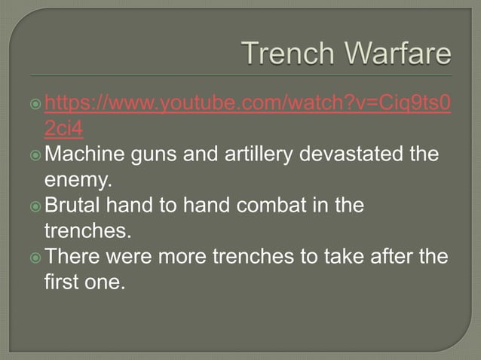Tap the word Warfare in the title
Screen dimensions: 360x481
click(x=396, y=54)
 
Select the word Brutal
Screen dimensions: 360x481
click(x=73, y=206)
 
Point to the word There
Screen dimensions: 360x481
click(x=72, y=258)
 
